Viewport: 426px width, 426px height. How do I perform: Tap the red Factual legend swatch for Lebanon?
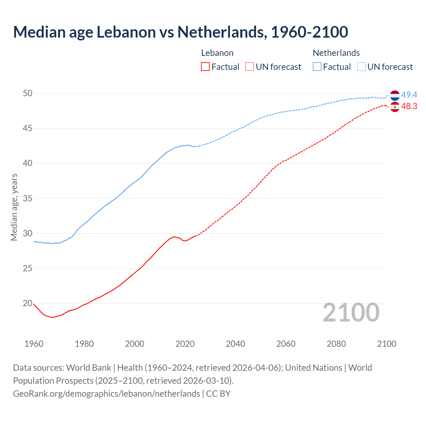coord(205,67)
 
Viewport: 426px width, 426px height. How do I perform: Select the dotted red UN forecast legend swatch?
coord(250,67)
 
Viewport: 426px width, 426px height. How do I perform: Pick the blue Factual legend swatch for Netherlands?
coord(317,67)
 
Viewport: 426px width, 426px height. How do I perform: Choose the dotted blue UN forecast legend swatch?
coord(361,67)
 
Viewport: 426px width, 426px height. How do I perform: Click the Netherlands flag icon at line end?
coord(395,95)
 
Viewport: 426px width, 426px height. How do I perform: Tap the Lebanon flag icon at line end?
coord(395,107)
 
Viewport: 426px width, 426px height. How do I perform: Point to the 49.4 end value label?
coord(409,95)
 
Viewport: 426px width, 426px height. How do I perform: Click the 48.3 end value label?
coord(409,106)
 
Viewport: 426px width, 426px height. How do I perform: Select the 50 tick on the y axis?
coord(28,94)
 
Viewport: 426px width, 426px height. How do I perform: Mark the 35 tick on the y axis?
coord(28,199)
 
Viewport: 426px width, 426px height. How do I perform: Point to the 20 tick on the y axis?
coord(28,304)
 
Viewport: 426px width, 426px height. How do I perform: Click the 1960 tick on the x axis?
coord(34,344)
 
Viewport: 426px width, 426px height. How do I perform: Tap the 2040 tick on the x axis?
coord(236,344)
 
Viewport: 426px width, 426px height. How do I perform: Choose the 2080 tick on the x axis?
coord(336,344)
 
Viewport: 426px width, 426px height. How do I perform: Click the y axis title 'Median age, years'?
coord(14,207)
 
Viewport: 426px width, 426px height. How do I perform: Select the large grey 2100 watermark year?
coord(351,313)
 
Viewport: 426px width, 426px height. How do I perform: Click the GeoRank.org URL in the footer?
coord(106,394)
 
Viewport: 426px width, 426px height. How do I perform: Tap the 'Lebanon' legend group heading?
coord(217,53)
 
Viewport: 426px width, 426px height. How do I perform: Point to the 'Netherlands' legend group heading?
coord(336,53)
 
